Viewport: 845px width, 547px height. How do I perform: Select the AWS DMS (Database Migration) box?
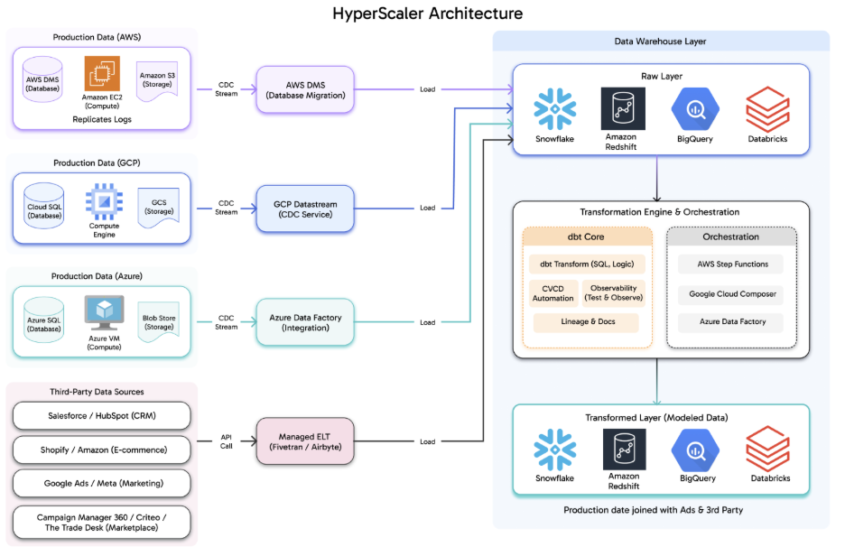(305, 89)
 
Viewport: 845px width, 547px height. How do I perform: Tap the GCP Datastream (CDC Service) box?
(305, 209)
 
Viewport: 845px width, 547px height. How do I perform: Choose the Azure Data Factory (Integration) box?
(305, 322)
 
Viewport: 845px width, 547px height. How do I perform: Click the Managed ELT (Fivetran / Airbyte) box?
(305, 441)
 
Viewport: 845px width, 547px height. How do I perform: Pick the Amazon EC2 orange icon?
(102, 74)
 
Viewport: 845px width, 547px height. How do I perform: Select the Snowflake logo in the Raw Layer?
(554, 109)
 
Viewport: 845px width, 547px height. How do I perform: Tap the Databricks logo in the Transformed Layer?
(768, 450)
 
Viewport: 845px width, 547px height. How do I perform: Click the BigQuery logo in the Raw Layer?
(695, 109)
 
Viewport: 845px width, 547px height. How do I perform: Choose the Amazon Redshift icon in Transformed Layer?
(624, 449)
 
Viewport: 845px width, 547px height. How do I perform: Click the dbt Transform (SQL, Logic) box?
(587, 264)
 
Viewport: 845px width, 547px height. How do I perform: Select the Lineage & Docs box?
(587, 322)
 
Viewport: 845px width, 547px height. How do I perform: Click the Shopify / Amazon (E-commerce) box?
(103, 450)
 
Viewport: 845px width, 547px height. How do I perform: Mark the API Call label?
(227, 441)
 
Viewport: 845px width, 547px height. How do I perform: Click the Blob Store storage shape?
(158, 322)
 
